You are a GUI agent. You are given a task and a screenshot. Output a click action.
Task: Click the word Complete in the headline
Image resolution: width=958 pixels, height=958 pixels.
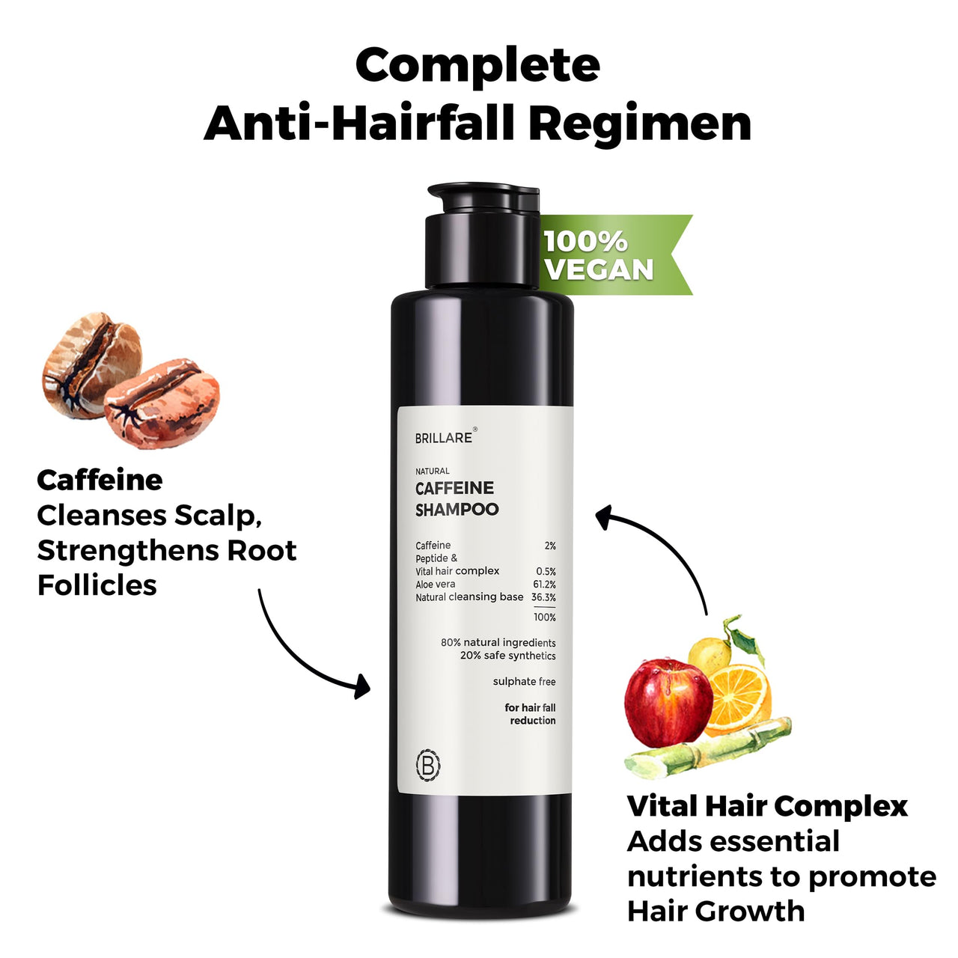[x=478, y=67]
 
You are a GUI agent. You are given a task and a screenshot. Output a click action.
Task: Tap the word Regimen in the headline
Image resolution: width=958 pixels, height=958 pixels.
[x=644, y=123]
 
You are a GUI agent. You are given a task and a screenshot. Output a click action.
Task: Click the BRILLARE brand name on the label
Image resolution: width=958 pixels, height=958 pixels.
[x=444, y=438]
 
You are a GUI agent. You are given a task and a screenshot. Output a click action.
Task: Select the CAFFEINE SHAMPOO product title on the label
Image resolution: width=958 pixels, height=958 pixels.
[x=457, y=498]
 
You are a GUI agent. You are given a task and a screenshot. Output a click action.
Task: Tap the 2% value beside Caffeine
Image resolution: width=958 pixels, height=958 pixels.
[x=550, y=546]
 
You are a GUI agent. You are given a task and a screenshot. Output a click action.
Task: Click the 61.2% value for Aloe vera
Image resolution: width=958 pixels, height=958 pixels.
[x=544, y=585]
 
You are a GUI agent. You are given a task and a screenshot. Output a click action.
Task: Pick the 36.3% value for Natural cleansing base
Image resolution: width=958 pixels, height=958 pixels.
[x=543, y=597]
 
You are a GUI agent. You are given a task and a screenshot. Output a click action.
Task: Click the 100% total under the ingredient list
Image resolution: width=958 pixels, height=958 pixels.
[x=545, y=617]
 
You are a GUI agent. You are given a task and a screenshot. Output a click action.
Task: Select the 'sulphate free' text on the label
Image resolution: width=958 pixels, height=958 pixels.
[x=524, y=681]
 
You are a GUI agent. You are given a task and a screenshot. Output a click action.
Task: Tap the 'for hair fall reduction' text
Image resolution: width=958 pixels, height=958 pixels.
[x=531, y=714]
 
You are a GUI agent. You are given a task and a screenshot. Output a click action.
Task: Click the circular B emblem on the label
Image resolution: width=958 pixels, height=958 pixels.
[x=428, y=765]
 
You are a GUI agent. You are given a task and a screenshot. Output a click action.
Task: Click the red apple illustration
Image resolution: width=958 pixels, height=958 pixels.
[x=668, y=701]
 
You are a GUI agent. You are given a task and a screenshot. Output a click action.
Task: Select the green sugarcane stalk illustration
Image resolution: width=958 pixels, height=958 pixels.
[x=707, y=749]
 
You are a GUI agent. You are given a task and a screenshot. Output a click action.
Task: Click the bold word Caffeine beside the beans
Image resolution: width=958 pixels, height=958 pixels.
[x=100, y=480]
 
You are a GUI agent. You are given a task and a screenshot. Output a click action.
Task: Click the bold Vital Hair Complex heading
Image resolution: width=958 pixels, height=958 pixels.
[x=767, y=806]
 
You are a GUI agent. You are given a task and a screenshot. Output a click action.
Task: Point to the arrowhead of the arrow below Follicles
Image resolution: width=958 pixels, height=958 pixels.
[x=362, y=686]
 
